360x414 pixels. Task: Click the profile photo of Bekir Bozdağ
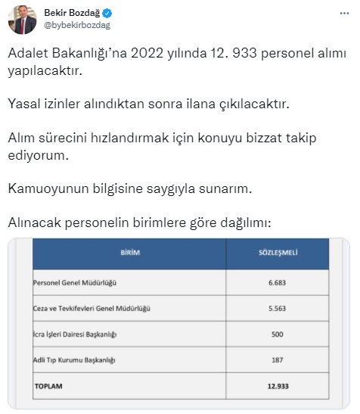[23, 20]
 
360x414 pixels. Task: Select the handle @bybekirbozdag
[79, 26]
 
